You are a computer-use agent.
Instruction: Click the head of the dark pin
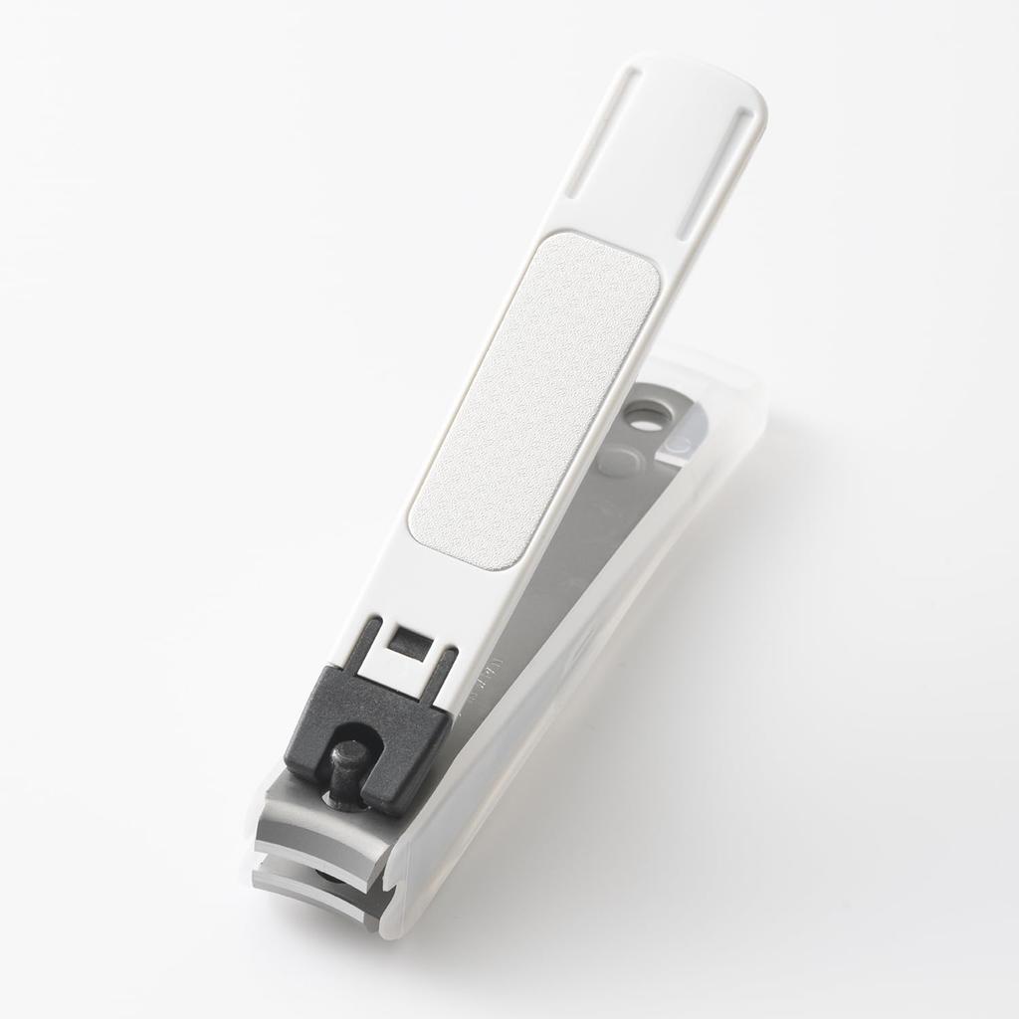pos(347,757)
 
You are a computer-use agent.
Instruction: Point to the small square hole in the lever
pos(405,641)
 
